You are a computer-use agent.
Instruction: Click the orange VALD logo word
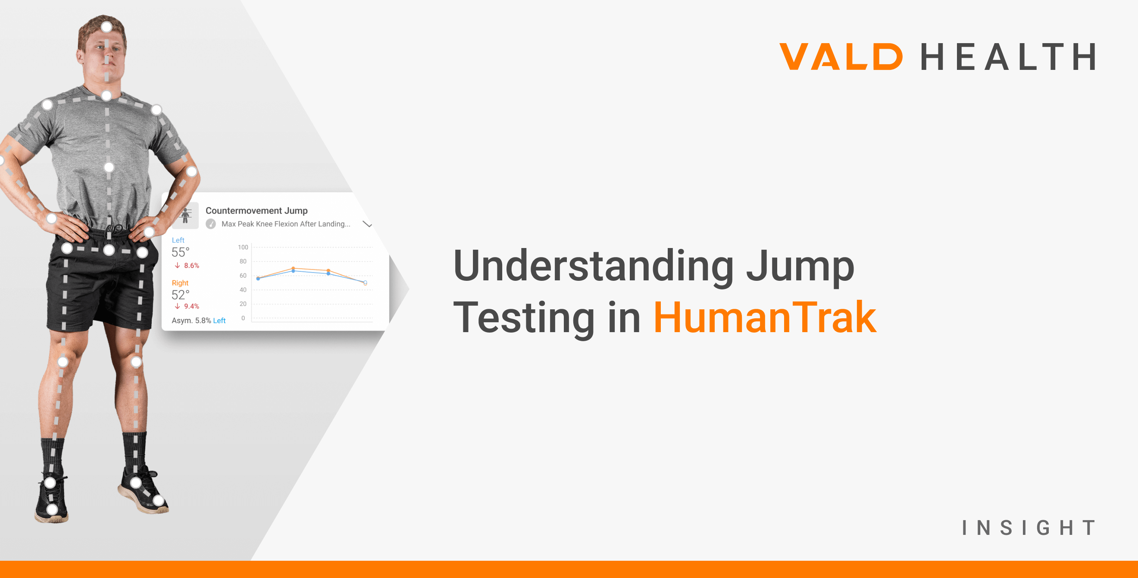click(840, 57)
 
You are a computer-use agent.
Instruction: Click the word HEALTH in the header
click(1008, 57)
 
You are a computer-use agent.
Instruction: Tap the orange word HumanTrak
click(765, 317)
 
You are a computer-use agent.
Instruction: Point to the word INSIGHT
click(1029, 528)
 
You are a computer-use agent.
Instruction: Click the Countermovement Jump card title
click(256, 211)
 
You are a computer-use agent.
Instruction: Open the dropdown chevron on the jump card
click(367, 224)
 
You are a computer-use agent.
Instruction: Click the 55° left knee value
click(180, 252)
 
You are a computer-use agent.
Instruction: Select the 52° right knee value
click(180, 295)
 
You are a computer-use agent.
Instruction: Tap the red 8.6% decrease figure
click(191, 266)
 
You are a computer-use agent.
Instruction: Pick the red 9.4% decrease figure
click(191, 306)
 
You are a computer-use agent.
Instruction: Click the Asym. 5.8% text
click(191, 320)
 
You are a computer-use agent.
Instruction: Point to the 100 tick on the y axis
click(243, 247)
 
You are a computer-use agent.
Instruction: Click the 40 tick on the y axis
click(243, 290)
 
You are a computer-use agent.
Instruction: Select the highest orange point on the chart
click(293, 268)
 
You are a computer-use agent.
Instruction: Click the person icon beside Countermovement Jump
click(185, 216)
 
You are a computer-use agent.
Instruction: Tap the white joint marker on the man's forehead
click(106, 27)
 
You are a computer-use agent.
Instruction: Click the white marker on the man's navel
click(109, 167)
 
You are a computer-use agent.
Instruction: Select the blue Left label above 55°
click(178, 240)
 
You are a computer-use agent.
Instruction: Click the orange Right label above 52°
click(180, 283)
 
